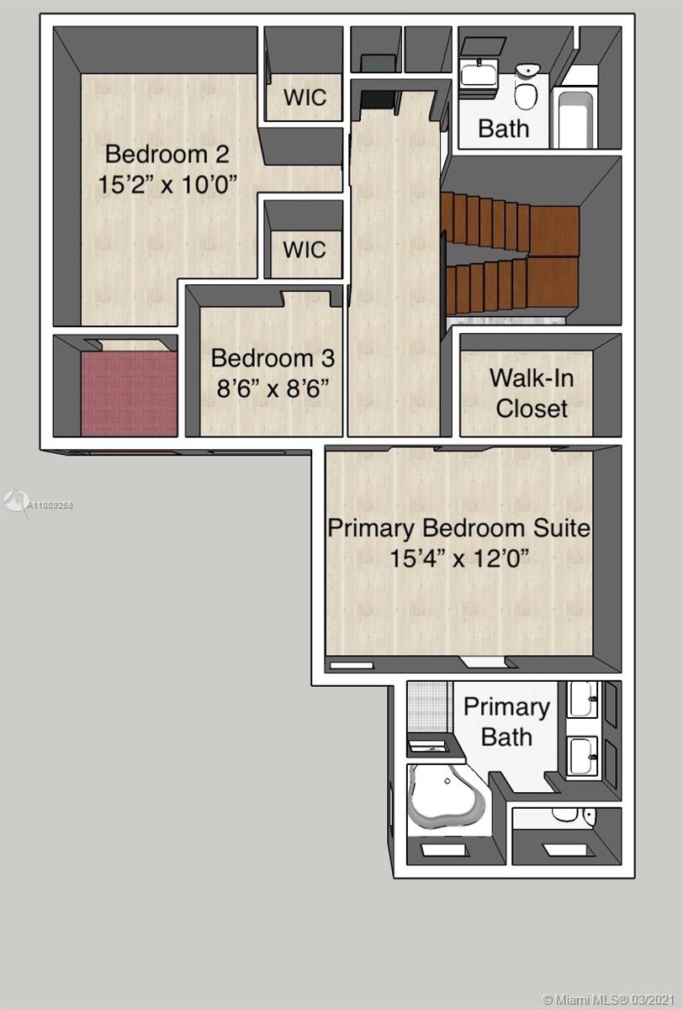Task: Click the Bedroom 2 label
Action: [167, 154]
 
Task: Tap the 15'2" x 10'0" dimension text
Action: [167, 184]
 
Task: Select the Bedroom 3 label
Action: [273, 358]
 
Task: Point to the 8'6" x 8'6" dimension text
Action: [273, 388]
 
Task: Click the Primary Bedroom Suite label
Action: [458, 528]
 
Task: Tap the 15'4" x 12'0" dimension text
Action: [458, 558]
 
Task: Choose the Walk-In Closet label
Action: [532, 394]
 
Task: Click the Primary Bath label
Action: [507, 722]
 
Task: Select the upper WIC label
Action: [305, 98]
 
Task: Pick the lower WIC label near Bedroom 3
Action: [305, 250]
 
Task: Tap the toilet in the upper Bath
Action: [527, 87]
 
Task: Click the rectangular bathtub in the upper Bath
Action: [574, 119]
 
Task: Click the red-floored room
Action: [129, 393]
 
